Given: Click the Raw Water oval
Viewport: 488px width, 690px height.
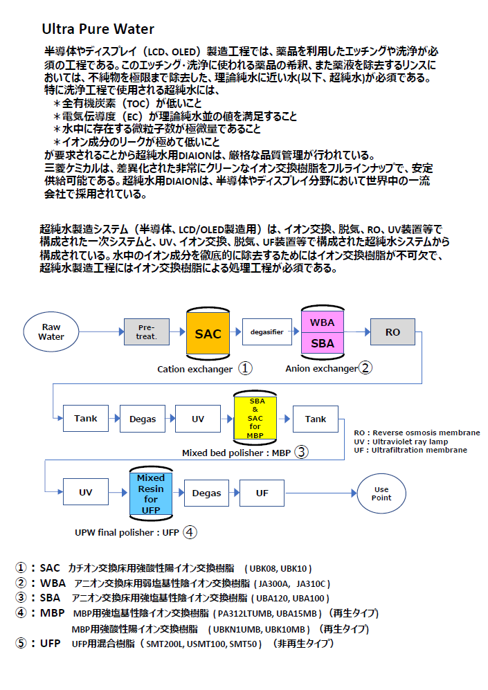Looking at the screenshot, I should tap(52, 332).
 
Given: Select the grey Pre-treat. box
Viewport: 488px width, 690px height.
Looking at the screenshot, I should tap(147, 332).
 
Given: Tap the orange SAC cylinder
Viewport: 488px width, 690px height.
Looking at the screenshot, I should tap(208, 333).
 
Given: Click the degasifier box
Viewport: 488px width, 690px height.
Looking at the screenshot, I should tap(266, 332).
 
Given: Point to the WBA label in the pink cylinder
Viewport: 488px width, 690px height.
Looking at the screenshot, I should tap(322, 323).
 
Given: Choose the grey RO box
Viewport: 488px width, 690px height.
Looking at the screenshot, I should tap(392, 332).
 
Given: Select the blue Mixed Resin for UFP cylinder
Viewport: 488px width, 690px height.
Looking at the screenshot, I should tap(151, 493).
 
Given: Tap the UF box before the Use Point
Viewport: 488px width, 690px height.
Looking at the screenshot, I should tap(262, 493).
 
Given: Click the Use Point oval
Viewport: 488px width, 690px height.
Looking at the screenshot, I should tap(381, 493).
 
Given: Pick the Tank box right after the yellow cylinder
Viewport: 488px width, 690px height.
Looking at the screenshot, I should tap(316, 419).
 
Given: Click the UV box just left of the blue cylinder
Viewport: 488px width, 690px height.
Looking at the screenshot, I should tap(85, 493).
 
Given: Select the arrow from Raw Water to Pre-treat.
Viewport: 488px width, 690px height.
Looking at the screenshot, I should tap(101, 332).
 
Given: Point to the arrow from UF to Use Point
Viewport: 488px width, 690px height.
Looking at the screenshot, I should tap(320, 493).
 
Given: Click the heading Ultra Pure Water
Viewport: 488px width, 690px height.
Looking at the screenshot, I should tap(98, 29).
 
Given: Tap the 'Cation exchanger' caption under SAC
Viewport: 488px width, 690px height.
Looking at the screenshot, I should tap(195, 369).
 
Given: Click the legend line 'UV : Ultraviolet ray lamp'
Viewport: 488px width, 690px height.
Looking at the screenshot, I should tap(400, 442).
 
